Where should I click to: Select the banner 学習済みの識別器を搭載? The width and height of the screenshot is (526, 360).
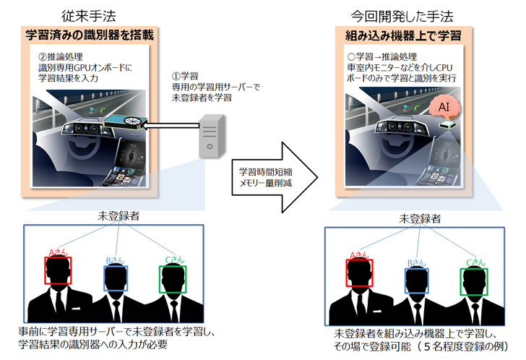90,33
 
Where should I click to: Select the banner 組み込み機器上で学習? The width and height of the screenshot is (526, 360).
403,33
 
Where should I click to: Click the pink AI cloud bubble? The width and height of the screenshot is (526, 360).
444,106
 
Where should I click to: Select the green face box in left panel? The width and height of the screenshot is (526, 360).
173,280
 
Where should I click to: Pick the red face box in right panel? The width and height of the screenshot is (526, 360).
360,274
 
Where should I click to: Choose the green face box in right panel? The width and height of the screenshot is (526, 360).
474,283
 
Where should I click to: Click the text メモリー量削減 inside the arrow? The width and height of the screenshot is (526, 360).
267,184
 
